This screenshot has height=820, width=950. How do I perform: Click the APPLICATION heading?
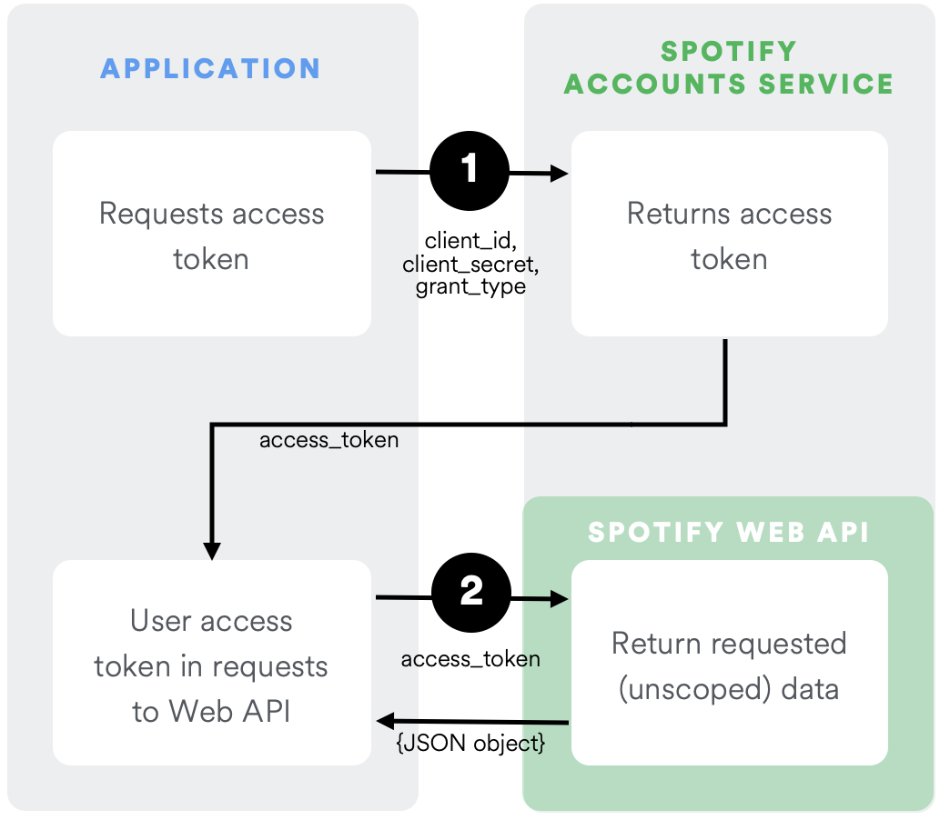coord(210,68)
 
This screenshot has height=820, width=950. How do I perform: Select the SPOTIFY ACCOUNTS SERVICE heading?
coord(728,68)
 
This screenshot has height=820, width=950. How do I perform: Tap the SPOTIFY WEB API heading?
coord(728,532)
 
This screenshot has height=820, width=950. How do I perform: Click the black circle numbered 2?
coord(470,593)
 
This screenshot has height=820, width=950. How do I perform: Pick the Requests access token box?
coord(211,235)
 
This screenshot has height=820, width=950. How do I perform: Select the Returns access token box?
coord(729,235)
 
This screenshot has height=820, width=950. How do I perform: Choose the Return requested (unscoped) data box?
coord(729,664)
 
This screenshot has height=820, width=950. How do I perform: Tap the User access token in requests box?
coord(211,664)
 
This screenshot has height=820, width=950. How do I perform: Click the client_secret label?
coord(470,265)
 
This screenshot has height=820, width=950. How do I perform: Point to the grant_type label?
coord(470,287)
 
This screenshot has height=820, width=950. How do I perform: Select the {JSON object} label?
coord(470,743)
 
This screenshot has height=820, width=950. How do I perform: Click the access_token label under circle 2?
coord(470,658)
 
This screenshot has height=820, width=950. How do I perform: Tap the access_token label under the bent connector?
coord(328,440)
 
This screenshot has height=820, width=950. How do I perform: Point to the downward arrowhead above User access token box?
coord(212,550)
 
